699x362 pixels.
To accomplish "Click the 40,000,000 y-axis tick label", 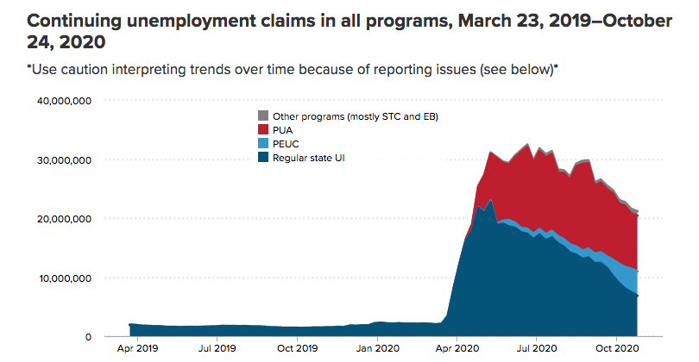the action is coord(64,101).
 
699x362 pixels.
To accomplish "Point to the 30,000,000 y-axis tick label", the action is coord(64,159).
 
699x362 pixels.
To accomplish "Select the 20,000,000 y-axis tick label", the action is coord(64,219).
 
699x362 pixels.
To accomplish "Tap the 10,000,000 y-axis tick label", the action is coord(65,278).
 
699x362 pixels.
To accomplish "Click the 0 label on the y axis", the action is coord(88,337).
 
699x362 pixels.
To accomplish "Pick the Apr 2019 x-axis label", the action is coord(138,348).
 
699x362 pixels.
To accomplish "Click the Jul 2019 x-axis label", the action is coord(217,348).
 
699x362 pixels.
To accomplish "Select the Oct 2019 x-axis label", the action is coord(298,348).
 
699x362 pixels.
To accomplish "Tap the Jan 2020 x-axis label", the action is coord(378,348).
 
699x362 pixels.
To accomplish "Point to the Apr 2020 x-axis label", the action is coord(457,348).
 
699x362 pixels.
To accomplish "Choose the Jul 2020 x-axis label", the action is coord(536,348).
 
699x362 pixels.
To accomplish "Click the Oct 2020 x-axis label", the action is coord(617,348).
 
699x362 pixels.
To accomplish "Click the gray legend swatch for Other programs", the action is coord(263,115).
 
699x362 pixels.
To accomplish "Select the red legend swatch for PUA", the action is coord(263,129).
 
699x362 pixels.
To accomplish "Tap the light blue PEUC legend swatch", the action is coord(263,143).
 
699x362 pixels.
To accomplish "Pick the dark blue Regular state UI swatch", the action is coord(263,157).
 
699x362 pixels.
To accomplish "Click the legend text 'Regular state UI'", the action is coord(308,158).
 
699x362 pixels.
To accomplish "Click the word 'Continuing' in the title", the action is coord(74,22).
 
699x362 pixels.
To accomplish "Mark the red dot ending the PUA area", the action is coord(638,216).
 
